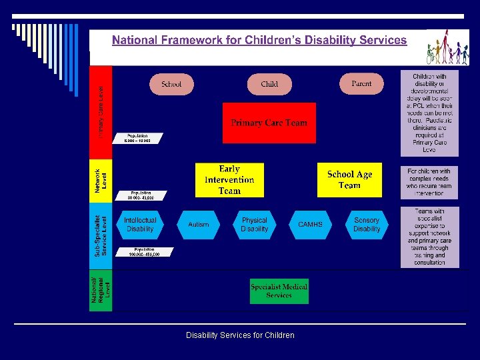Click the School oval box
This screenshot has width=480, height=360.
point(171,84)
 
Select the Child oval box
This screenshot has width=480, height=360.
point(269,84)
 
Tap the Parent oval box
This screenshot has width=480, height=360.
point(361,83)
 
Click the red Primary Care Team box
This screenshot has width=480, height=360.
point(269,123)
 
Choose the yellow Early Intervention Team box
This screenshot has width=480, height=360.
point(229,180)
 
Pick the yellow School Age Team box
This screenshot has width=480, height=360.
point(349,179)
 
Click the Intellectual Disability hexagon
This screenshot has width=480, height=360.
point(140,225)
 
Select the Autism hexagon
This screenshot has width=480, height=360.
point(198,225)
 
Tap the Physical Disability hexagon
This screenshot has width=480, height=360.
point(254,225)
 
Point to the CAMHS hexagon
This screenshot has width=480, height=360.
point(310,225)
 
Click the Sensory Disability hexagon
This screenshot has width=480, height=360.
point(367,225)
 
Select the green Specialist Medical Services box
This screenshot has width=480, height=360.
point(279,291)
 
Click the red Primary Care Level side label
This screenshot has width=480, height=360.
point(101,111)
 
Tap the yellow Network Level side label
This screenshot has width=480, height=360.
point(101,180)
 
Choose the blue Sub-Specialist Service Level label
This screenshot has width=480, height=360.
point(101,235)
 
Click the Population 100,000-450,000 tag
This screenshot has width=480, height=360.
point(143,252)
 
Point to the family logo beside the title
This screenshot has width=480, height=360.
point(448,47)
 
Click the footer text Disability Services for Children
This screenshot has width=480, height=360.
point(240,335)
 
